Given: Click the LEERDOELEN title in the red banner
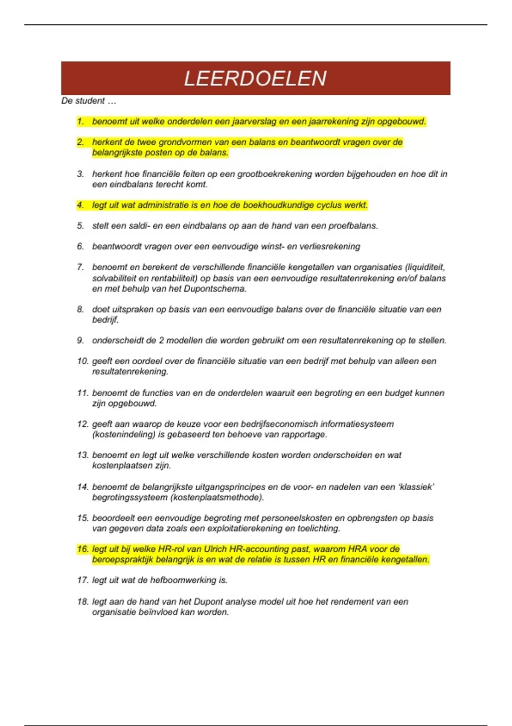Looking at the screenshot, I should pos(255,79).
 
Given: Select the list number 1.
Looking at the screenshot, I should pos(80,122).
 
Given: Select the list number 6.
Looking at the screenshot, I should pos(80,246).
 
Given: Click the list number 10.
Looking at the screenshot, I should pos(82,361).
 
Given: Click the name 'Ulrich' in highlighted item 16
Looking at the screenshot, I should pos(216,549).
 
